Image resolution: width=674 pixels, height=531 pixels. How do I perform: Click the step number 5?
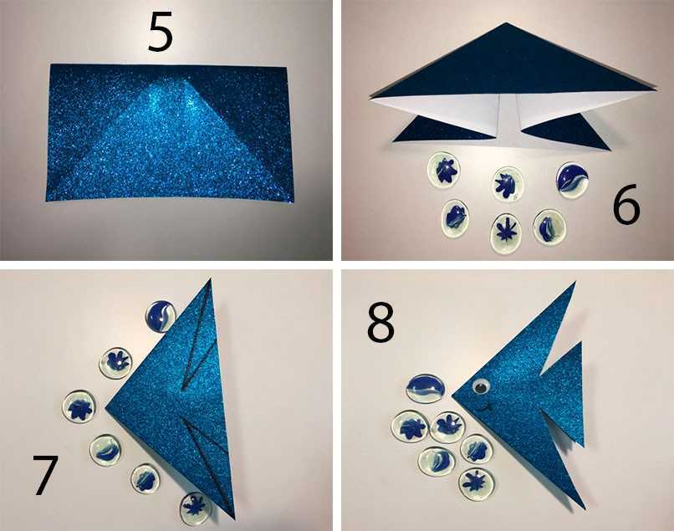[161, 32]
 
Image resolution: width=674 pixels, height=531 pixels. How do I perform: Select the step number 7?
[45, 475]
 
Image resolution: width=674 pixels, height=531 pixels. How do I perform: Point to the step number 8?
[380, 323]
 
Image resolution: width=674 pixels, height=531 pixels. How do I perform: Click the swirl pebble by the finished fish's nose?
[425, 389]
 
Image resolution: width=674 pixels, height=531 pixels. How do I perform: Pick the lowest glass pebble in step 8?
[476, 484]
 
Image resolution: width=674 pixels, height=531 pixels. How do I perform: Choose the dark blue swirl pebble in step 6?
[572, 177]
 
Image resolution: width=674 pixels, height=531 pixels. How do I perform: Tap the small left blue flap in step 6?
[442, 129]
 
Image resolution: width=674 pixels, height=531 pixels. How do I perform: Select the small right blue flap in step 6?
[565, 133]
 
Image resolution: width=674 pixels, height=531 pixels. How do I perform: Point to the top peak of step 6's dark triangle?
[507, 23]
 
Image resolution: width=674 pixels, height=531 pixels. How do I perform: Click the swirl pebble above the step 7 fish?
[161, 317]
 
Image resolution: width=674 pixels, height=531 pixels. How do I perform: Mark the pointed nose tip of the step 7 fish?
[106, 408]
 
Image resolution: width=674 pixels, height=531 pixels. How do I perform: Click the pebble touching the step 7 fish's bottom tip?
[196, 508]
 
